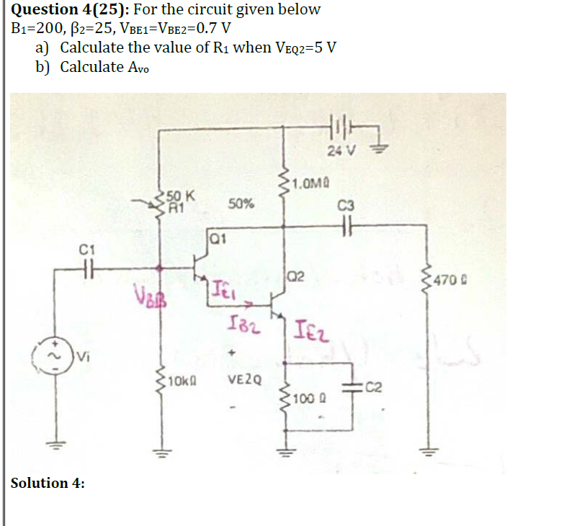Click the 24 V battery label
pyautogui.click(x=341, y=151)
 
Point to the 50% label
pyautogui.click(x=241, y=204)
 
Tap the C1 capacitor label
pyautogui.click(x=86, y=250)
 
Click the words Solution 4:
pyautogui.click(x=48, y=483)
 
